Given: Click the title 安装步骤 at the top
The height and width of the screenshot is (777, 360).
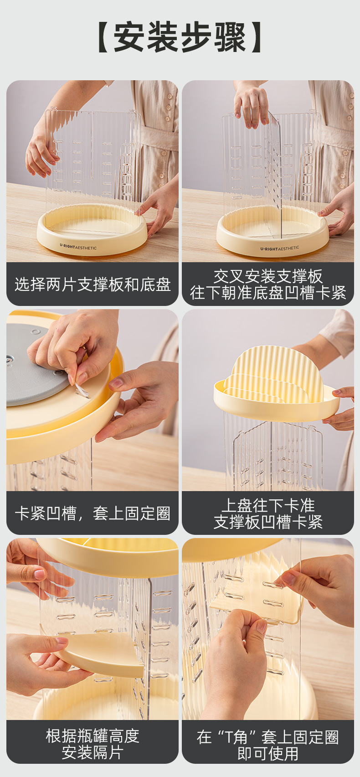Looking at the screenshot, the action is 180,37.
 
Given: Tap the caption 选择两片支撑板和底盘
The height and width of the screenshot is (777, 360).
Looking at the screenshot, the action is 93,285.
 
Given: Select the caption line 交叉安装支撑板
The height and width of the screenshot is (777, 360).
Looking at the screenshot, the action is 268,276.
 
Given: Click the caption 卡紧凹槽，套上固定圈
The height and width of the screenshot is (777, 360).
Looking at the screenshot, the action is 93,513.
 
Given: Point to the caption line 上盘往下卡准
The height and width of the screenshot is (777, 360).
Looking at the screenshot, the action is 268,505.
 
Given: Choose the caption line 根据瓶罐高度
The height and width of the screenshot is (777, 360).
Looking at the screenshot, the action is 93,736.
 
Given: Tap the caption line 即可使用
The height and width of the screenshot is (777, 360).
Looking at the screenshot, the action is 268,753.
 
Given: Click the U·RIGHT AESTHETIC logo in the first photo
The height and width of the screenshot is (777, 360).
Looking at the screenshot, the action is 78,247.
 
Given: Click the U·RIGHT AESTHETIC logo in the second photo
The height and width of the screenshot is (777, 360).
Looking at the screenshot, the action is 279,249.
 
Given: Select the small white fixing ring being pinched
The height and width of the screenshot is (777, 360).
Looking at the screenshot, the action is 81,390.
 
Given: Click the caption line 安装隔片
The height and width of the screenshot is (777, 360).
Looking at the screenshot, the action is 93,752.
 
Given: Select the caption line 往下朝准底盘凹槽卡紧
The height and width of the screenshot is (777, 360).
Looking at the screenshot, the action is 268,292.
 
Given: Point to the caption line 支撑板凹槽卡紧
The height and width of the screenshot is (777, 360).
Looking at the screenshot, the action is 268,522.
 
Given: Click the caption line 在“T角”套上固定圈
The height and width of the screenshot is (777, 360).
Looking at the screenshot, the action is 268,737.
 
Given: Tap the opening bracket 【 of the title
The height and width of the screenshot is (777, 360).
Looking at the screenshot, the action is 104,37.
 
